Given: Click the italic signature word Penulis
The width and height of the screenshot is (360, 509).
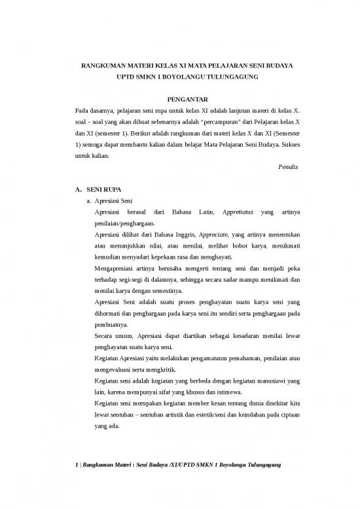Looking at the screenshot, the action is click(288, 167).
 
